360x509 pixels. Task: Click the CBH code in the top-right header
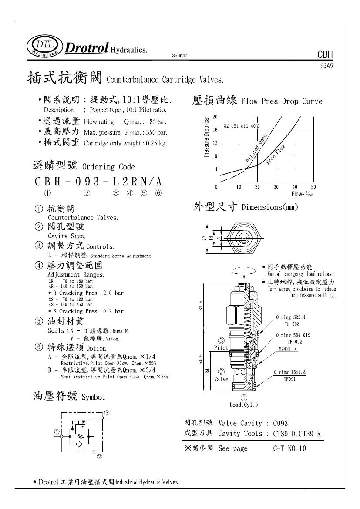point(325,55)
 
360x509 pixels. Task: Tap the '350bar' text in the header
point(180,56)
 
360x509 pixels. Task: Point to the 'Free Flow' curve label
point(275,154)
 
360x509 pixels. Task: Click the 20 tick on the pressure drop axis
point(215,117)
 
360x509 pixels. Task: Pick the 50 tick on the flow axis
point(313,187)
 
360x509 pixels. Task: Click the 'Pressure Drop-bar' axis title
point(207,136)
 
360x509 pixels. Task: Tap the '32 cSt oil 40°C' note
point(242,126)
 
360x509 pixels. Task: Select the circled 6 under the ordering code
point(158,193)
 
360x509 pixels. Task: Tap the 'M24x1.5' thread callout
point(287,349)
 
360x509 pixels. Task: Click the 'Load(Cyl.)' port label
point(244,405)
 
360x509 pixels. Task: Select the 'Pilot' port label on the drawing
point(221,348)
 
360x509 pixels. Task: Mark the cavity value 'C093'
point(281,423)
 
